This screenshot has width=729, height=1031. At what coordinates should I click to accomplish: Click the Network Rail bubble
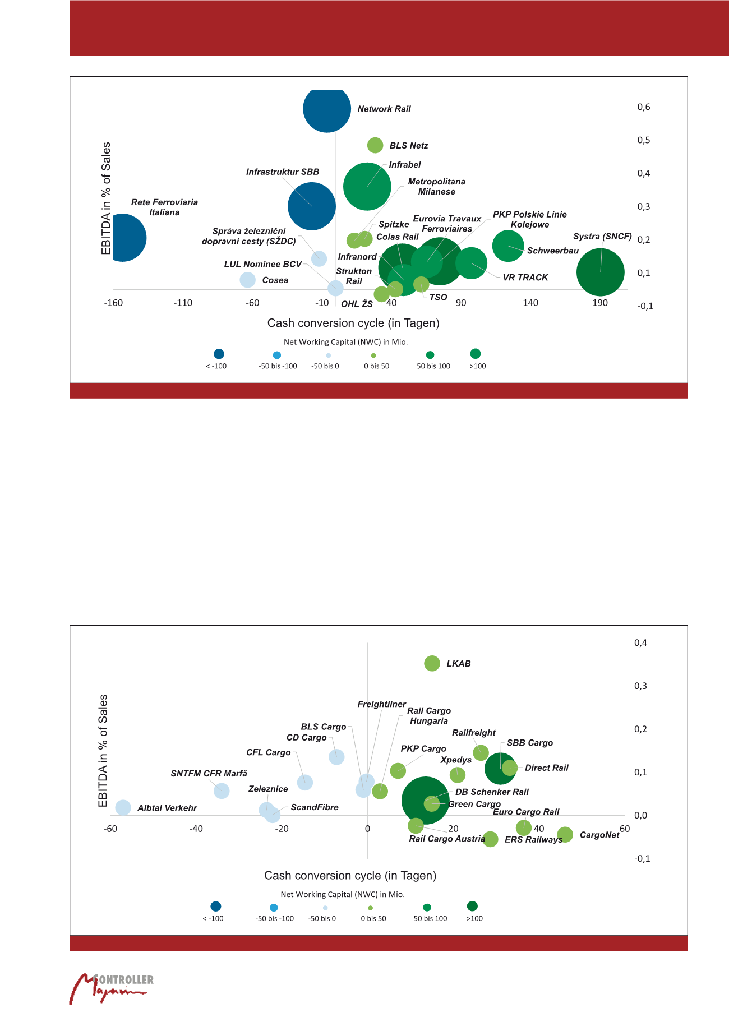pyautogui.click(x=327, y=109)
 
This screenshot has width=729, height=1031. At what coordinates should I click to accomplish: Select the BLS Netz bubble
pyautogui.click(x=375, y=145)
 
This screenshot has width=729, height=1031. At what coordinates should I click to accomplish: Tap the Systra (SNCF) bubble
pyautogui.click(x=600, y=272)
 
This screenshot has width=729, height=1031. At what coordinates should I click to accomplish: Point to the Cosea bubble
pyautogui.click(x=247, y=279)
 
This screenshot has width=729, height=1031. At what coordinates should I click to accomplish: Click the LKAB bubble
pyautogui.click(x=432, y=663)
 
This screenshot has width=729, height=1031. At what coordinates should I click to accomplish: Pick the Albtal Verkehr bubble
pyautogui.click(x=123, y=807)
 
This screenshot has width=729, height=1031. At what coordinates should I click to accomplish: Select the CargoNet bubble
pyautogui.click(x=565, y=835)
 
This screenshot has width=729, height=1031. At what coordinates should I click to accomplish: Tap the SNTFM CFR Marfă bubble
pyautogui.click(x=222, y=791)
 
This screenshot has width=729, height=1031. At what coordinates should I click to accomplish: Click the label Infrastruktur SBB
pyautogui.click(x=283, y=172)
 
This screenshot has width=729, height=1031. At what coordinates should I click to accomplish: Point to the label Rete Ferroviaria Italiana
pyautogui.click(x=164, y=207)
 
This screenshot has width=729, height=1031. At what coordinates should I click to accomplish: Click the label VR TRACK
pyautogui.click(x=525, y=278)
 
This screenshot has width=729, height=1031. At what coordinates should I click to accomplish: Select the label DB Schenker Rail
pyautogui.click(x=492, y=792)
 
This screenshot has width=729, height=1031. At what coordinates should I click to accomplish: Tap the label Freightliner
pyautogui.click(x=382, y=704)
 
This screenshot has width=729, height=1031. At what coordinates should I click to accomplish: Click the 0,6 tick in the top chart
pyautogui.click(x=644, y=107)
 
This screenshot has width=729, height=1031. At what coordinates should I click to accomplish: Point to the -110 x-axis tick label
pyautogui.click(x=183, y=303)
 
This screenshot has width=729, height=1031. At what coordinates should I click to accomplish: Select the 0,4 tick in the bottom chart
pyautogui.click(x=640, y=643)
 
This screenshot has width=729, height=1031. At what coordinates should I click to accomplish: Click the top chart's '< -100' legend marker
pyautogui.click(x=219, y=354)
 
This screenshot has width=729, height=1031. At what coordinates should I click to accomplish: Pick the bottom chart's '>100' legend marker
pyautogui.click(x=472, y=906)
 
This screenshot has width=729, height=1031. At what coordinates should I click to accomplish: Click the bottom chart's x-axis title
pyautogui.click(x=350, y=875)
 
